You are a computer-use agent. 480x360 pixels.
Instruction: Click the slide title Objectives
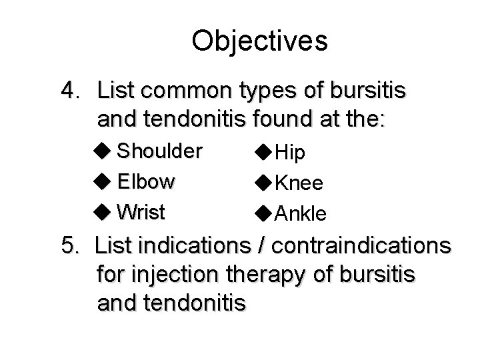(259, 41)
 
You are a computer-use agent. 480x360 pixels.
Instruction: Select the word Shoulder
(159, 151)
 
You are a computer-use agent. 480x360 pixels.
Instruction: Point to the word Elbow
(146, 181)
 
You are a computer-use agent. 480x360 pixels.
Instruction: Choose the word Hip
(291, 153)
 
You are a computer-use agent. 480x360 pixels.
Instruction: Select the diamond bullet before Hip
(263, 153)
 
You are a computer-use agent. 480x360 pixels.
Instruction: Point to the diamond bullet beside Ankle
(263, 213)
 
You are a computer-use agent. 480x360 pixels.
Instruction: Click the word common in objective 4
(189, 89)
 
